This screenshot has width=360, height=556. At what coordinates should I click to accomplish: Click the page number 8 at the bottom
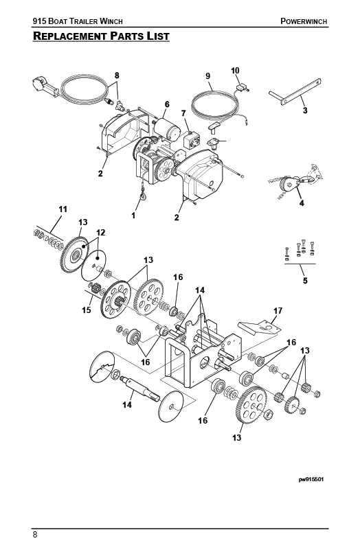34,534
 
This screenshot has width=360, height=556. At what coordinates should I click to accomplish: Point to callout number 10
235,71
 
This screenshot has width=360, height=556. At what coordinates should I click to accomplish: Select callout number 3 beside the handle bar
304,109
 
